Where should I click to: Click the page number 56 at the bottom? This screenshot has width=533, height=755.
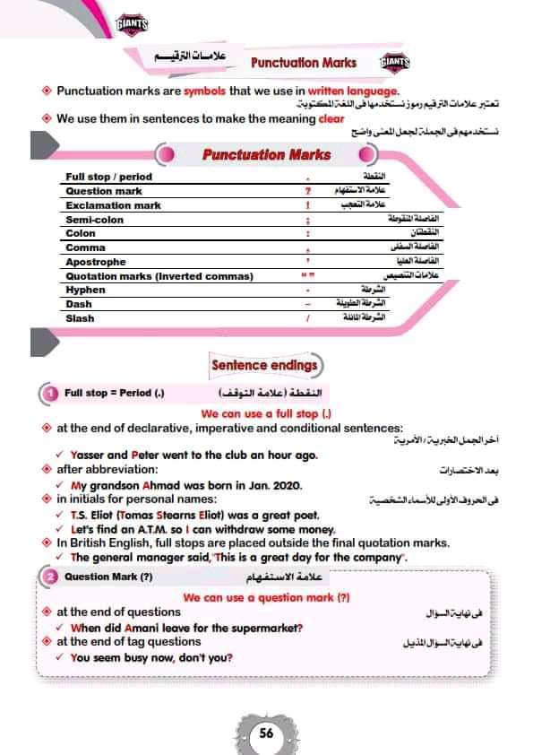pos(266,732)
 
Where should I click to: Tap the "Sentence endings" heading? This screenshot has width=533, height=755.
pos(264,365)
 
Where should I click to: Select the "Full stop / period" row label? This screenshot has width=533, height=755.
pos(109,177)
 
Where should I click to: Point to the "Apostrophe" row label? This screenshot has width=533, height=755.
pos(96,262)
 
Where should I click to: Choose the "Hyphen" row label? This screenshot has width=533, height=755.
pos(86,290)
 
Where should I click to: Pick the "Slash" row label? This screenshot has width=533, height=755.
pos(81,318)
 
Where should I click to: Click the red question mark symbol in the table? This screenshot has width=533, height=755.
pos(307,191)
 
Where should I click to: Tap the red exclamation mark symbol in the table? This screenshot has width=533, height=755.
pos(307,205)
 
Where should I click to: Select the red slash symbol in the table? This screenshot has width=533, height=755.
pos(307,318)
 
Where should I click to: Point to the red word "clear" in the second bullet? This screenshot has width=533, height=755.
pos(331,118)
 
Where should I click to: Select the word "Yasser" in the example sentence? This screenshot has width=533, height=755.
pos(88,455)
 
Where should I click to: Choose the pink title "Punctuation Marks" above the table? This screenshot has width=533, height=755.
pos(266,154)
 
